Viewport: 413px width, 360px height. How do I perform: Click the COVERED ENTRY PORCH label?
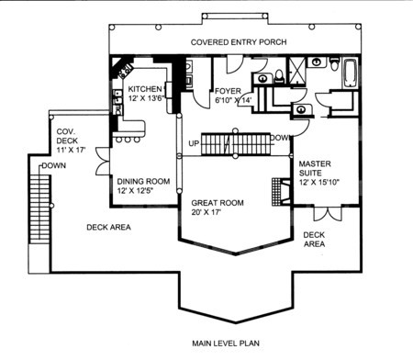tap(239, 42)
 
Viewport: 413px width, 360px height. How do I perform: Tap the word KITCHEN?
tap(145, 89)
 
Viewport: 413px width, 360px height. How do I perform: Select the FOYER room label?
tap(228, 91)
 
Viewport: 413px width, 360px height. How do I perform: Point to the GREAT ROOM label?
tap(218, 203)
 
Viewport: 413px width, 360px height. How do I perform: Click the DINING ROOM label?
tap(143, 182)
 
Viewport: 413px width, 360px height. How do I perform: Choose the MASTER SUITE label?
tap(315, 168)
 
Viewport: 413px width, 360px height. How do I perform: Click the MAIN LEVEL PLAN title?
tap(226, 343)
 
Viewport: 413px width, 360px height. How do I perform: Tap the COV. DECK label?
tap(67, 136)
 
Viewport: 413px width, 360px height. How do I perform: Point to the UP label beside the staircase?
tap(194, 143)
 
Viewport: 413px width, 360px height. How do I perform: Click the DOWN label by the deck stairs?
tap(54, 165)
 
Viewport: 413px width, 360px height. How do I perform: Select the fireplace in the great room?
tap(281, 192)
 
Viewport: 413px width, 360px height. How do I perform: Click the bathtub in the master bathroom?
tap(351, 73)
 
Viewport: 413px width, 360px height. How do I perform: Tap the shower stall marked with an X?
tap(297, 71)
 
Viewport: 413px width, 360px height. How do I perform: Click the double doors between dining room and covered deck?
tap(103, 162)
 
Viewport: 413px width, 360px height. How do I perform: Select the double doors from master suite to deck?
tap(328, 213)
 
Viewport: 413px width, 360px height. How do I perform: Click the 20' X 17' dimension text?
tap(206, 212)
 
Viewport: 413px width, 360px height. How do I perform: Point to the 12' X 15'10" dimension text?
tap(319, 182)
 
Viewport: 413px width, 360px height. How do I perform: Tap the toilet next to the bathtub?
tap(335, 64)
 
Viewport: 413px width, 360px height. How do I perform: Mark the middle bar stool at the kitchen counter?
tap(128, 140)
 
